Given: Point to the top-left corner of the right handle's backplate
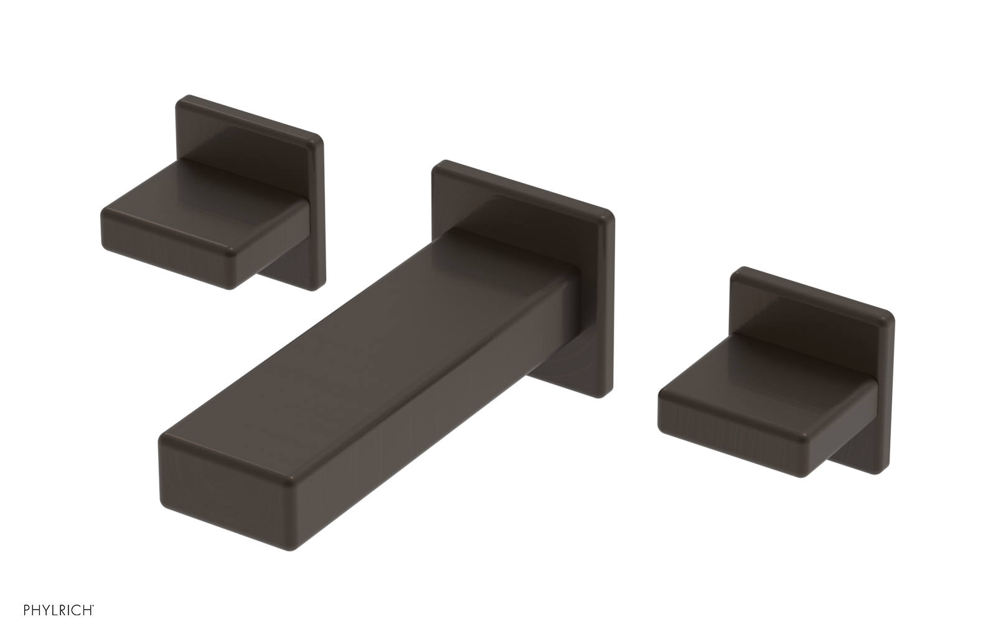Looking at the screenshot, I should [736, 272].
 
